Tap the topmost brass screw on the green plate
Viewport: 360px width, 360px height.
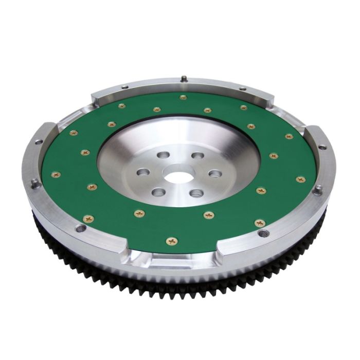pyautogui.click(x=183, y=97)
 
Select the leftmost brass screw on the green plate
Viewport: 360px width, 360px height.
pyautogui.click(x=56, y=174)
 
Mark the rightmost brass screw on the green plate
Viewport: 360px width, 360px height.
pyautogui.click(x=301, y=179)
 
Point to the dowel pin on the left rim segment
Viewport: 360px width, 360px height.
pyautogui.click(x=34, y=181)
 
